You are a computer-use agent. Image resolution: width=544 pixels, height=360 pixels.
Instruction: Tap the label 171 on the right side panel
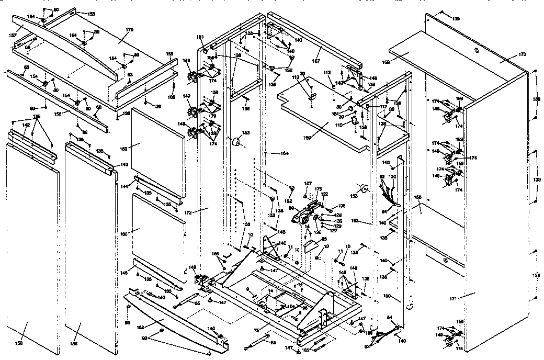(454, 298)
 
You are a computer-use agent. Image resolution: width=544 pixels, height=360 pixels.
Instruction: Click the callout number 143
(124, 164)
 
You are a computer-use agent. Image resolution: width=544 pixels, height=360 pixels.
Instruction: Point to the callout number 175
(318, 189)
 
